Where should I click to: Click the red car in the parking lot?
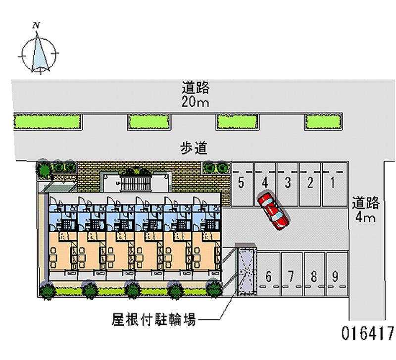[273, 211]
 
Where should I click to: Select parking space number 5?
[242, 184]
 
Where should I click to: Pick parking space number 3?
[288, 184]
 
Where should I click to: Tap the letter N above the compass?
[36, 25]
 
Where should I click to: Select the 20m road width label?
[195, 102]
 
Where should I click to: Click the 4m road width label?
[365, 217]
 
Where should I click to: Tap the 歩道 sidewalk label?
[194, 148]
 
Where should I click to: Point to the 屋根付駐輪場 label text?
[154, 319]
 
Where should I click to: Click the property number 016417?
[367, 333]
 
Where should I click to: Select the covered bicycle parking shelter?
[247, 270]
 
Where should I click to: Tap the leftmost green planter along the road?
[48, 122]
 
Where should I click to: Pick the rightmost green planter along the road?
[323, 122]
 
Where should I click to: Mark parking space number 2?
[310, 184]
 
